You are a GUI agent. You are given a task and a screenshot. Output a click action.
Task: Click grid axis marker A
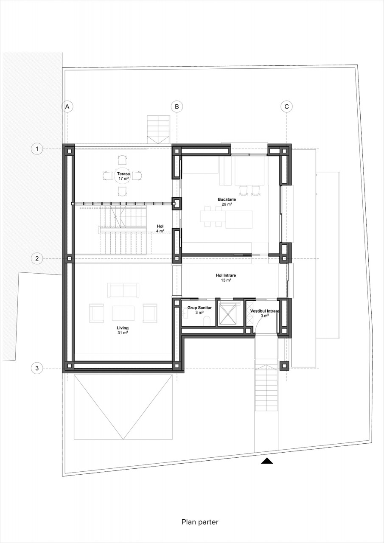pyautogui.click(x=67, y=106)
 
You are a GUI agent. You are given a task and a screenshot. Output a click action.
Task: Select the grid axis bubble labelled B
pyautogui.click(x=177, y=106)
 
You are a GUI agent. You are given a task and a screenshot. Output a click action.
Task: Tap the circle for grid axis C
pyautogui.click(x=286, y=106)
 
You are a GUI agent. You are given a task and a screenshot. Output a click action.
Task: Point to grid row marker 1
pyautogui.click(x=37, y=148)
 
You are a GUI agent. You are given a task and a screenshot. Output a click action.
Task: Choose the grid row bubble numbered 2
pyautogui.click(x=37, y=258)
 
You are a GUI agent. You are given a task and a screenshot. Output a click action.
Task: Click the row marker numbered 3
pyautogui.click(x=37, y=368)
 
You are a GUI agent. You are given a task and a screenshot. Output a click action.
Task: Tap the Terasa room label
pyautogui.click(x=123, y=174)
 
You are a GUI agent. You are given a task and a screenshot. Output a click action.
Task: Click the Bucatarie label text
pyautogui.click(x=227, y=199)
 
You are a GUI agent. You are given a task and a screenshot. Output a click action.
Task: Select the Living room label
pyautogui.click(x=123, y=328)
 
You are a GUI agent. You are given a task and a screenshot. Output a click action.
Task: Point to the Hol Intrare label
pyautogui.click(x=226, y=275)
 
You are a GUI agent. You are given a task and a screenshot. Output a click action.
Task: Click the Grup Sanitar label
pyautogui.click(x=199, y=308)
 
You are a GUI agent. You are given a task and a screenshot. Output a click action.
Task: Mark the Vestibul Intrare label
pyautogui.click(x=264, y=311)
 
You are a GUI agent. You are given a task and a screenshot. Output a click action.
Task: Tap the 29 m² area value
pyautogui.click(x=227, y=204)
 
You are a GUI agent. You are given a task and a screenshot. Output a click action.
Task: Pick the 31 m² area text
pyautogui.click(x=123, y=333)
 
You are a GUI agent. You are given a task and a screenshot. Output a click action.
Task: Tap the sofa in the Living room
pyautogui.click(x=123, y=290)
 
